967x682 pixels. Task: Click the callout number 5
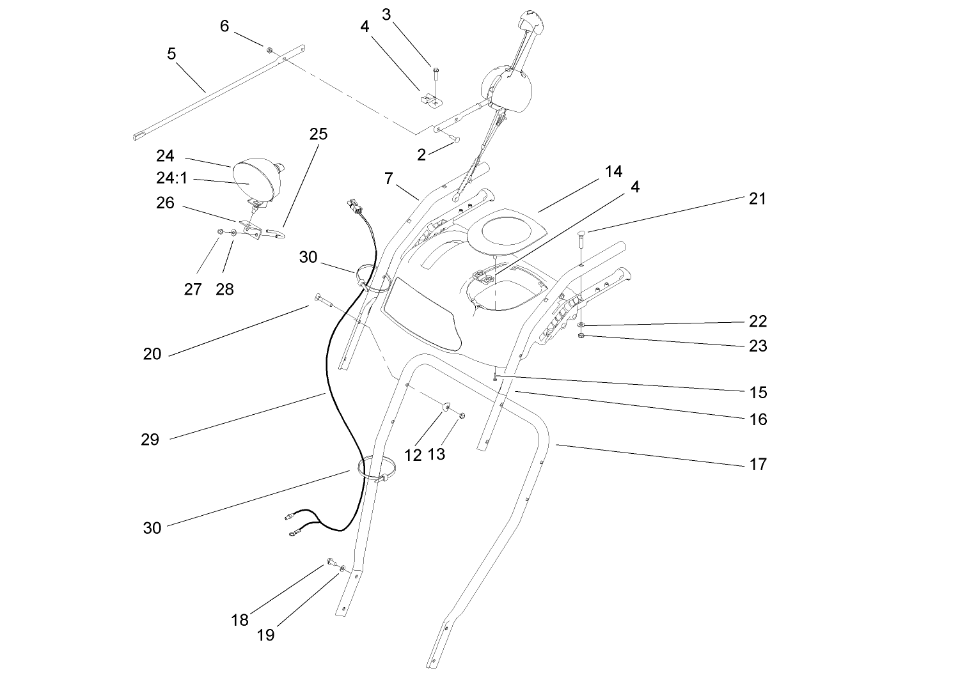[x=171, y=54]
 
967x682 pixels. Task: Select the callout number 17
[x=758, y=464]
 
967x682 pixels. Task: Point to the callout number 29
[x=150, y=440]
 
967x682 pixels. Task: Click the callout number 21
[x=757, y=199]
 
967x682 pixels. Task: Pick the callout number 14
[x=613, y=171]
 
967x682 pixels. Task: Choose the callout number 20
[x=152, y=353]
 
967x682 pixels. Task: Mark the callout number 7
[x=388, y=178]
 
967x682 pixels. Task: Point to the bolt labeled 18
[x=331, y=562]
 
